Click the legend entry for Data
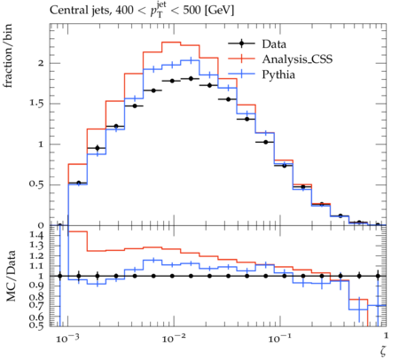(274, 44)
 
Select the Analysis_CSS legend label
(297, 59)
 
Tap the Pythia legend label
(278, 74)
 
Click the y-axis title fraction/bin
(8, 56)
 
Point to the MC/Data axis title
(11, 276)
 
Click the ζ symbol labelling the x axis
(383, 351)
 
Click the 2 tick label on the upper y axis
(41, 63)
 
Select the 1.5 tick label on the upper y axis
(36, 104)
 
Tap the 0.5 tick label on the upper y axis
(36, 184)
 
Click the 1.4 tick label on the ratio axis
(36, 235)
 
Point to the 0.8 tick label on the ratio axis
(36, 296)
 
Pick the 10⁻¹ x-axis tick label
(279, 338)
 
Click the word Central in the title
(66, 11)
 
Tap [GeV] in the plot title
(219, 11)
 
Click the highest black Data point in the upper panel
(191, 79)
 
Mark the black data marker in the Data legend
(241, 43)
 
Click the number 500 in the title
(192, 11)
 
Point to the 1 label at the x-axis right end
(386, 335)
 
